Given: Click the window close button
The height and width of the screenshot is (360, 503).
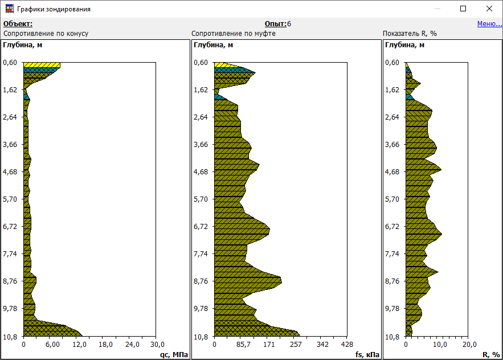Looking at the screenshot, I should pyautogui.click(x=489, y=9).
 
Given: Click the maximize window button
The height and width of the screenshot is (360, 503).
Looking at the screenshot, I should pyautogui.click(x=463, y=9).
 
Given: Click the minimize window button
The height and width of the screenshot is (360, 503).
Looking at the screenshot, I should pyautogui.click(x=437, y=9).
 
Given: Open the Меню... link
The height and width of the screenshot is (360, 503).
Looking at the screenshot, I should pyautogui.click(x=489, y=24).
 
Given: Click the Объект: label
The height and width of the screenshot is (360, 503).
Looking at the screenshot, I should pyautogui.click(x=18, y=24).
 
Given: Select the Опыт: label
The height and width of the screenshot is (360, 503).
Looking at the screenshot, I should pyautogui.click(x=276, y=24).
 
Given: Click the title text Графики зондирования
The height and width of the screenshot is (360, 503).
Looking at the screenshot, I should pyautogui.click(x=54, y=9).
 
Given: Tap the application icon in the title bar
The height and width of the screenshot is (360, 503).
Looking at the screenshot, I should pyautogui.click(x=10, y=9).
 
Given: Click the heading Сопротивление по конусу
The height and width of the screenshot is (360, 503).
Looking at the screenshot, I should pyautogui.click(x=46, y=34).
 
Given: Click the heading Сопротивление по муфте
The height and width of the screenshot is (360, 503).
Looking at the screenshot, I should pyautogui.click(x=234, y=34).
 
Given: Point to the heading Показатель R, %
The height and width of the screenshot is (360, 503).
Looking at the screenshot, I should pyautogui.click(x=410, y=34).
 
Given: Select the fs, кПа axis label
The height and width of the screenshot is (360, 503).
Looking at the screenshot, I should pyautogui.click(x=366, y=354).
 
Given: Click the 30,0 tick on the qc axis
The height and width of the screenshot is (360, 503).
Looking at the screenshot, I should pyautogui.click(x=157, y=345).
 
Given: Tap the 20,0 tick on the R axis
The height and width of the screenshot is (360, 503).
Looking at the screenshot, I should pyautogui.click(x=468, y=345).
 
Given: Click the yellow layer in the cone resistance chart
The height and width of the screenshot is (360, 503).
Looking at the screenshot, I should pyautogui.click(x=42, y=65).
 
